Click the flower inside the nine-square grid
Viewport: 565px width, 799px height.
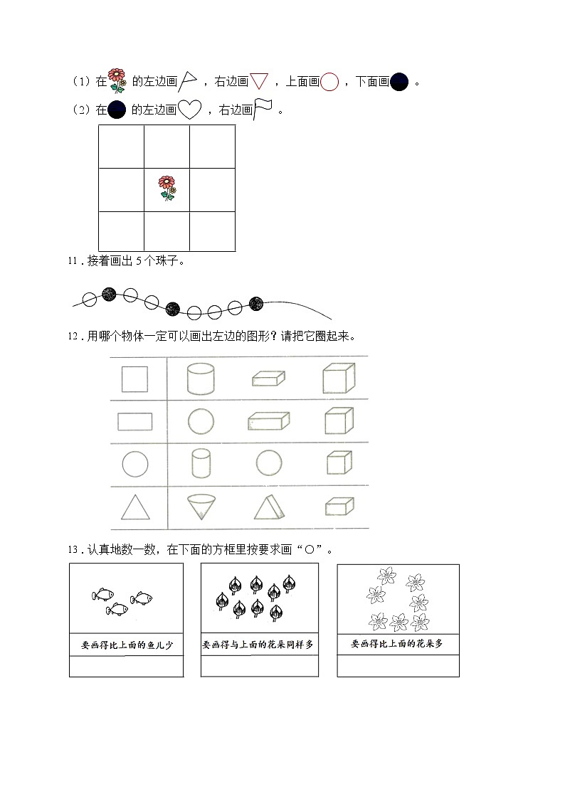tap(167, 189)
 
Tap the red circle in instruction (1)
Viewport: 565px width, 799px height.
tap(329, 83)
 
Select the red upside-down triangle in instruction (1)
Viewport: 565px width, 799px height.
tap(260, 83)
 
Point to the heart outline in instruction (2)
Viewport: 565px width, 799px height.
tap(189, 110)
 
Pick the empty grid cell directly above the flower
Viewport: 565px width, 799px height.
tap(167, 147)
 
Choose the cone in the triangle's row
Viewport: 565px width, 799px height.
tap(201, 507)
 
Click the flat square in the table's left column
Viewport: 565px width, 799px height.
tap(134, 379)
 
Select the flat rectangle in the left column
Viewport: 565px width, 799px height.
tap(134, 422)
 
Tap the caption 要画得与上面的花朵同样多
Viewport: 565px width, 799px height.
tap(258, 645)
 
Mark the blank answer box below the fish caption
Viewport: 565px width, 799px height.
tap(127, 667)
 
